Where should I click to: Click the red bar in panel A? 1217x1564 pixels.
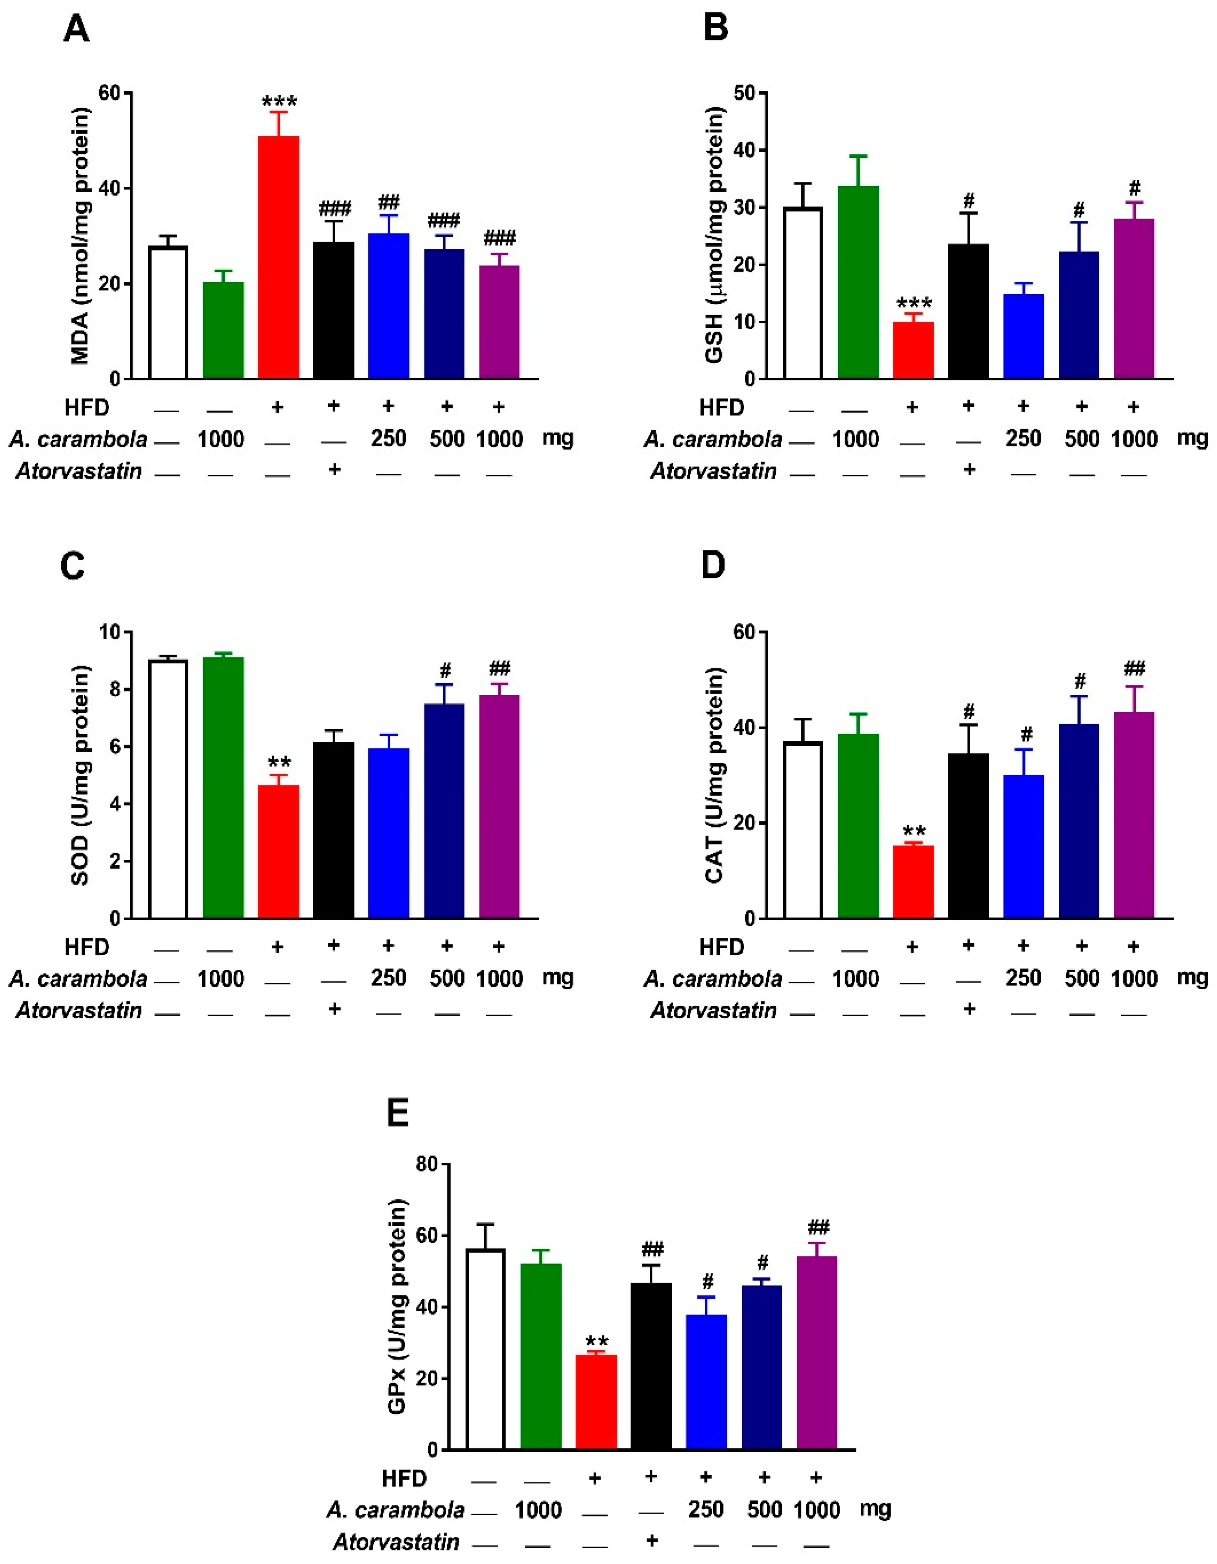pos(278,258)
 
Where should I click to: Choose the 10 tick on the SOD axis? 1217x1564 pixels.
pos(111,632)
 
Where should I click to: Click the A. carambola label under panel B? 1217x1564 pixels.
pos(712,439)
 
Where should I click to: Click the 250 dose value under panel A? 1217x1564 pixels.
pos(389,438)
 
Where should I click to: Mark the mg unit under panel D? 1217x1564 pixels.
pos(1192,977)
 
